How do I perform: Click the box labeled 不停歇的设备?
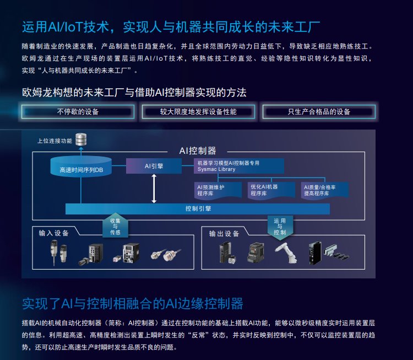78,112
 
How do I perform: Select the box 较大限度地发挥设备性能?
198,112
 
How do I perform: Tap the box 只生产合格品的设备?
319,112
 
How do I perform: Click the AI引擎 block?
154,165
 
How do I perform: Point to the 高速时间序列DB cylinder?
81,167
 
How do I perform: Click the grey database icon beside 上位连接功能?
81,139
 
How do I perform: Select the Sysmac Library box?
239,166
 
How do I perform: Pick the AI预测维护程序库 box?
218,190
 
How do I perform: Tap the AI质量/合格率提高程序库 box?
325,190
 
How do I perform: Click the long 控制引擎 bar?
198,209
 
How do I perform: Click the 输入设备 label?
54,233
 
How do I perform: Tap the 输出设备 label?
224,234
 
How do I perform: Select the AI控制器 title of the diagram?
198,151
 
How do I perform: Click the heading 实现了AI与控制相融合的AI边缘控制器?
132,304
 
